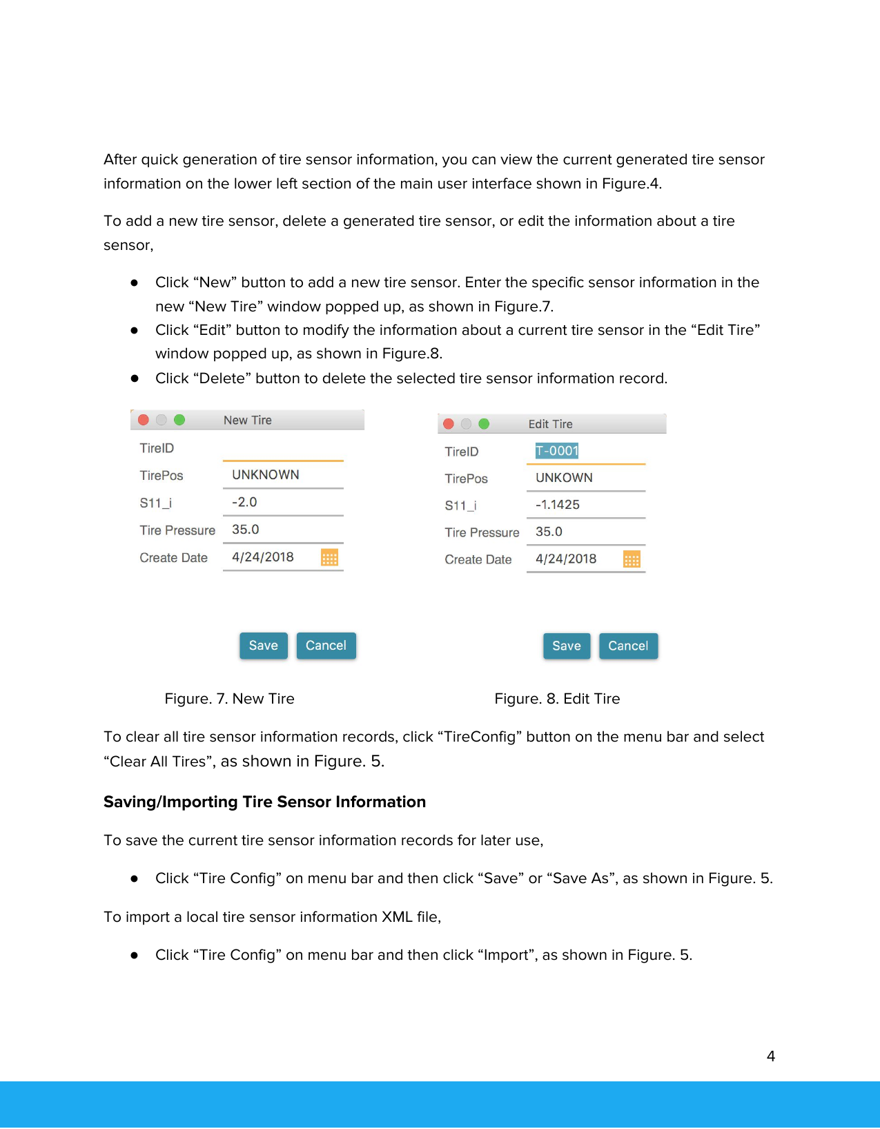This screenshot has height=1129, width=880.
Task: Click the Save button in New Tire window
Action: click(263, 646)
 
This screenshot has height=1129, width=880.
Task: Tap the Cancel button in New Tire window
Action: click(326, 646)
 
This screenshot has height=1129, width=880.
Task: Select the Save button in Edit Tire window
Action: click(566, 646)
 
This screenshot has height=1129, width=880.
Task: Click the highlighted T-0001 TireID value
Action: click(556, 451)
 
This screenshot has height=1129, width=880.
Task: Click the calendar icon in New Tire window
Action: click(329, 558)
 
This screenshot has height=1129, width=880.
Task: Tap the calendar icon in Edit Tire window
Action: click(632, 559)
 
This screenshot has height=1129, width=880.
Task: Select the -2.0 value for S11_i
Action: click(244, 502)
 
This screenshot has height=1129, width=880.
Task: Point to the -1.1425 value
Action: click(557, 505)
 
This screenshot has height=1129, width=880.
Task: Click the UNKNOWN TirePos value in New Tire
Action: click(265, 475)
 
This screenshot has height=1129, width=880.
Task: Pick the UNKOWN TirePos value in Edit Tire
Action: click(563, 478)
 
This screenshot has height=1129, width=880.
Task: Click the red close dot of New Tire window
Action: click(144, 420)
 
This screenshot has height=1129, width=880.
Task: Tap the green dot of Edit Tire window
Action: click(484, 424)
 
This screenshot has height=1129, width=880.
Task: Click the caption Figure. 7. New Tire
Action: click(229, 699)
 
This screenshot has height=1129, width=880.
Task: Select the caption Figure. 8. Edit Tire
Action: click(557, 699)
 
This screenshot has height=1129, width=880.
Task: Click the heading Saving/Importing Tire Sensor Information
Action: click(264, 802)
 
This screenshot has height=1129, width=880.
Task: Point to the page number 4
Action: click(770, 1056)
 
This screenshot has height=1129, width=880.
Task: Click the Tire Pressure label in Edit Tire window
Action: click(482, 532)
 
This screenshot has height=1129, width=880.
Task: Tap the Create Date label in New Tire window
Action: click(173, 558)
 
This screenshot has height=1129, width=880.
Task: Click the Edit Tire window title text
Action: click(550, 424)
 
